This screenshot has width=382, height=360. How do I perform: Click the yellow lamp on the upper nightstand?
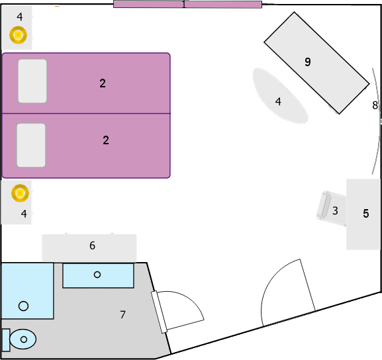[19, 35]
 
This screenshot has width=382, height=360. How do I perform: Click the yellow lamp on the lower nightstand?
[21, 193]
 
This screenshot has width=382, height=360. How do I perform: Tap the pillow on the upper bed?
[32, 81]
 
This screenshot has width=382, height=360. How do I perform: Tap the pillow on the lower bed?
[31, 146]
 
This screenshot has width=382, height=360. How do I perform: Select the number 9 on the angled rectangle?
[308, 62]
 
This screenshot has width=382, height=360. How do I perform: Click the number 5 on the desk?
[366, 213]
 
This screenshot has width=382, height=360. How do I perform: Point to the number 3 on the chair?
[335, 210]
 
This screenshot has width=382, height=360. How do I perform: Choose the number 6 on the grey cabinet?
[92, 246]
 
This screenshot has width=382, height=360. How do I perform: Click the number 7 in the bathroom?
[122, 315]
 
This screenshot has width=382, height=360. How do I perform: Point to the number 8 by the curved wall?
[375, 105]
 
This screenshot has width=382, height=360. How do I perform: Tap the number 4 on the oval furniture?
[278, 101]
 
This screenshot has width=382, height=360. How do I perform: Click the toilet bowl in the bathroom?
[23, 339]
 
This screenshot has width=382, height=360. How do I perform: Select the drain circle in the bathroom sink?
[97, 275]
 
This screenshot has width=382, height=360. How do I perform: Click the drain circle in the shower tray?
[23, 306]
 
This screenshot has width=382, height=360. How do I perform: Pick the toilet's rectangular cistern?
[6, 340]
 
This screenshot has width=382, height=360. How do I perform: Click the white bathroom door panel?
[160, 312]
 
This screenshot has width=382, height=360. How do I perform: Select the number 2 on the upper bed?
[103, 83]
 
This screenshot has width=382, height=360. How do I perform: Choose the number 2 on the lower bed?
[106, 140]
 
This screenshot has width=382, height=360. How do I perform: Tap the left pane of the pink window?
[148, 4]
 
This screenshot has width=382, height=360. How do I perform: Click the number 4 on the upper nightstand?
[20, 17]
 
